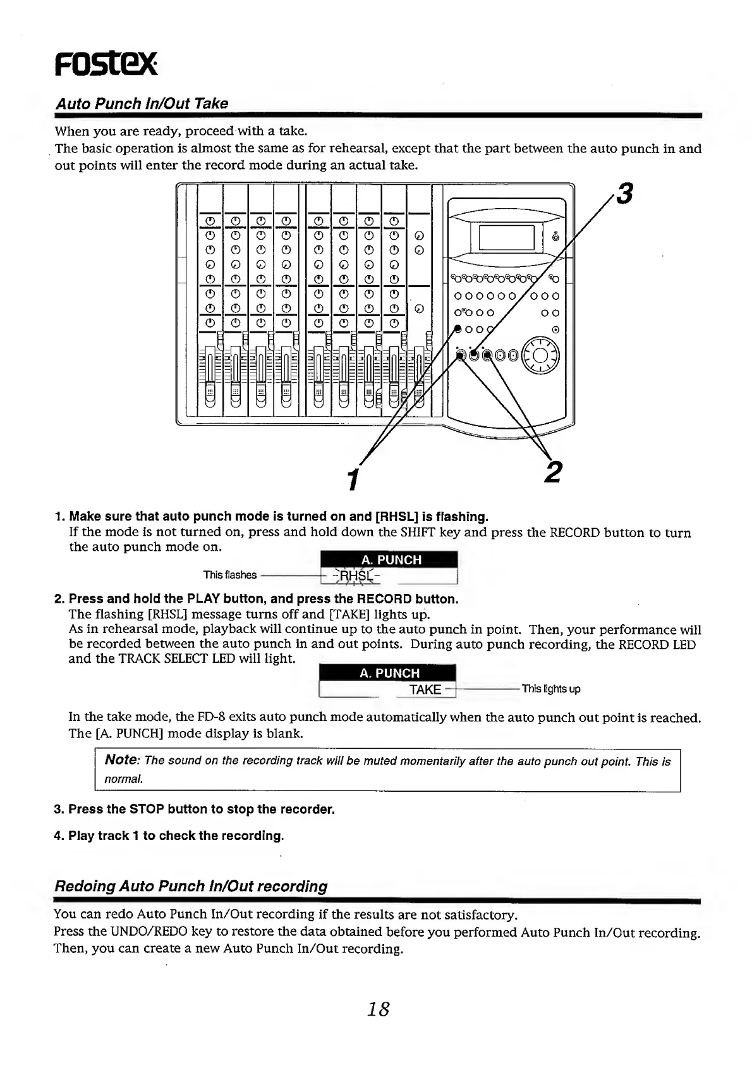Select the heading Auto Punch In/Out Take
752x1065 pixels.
tap(142, 104)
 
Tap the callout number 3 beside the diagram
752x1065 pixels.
tap(624, 194)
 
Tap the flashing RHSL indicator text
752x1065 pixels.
tap(357, 576)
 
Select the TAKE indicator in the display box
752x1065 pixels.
tap(425, 689)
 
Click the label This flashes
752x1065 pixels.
tap(230, 575)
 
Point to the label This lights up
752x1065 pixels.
tap(551, 689)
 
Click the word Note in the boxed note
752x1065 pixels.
tap(121, 760)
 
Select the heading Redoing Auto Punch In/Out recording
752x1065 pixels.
tap(191, 887)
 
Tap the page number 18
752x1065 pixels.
tap(379, 1009)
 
